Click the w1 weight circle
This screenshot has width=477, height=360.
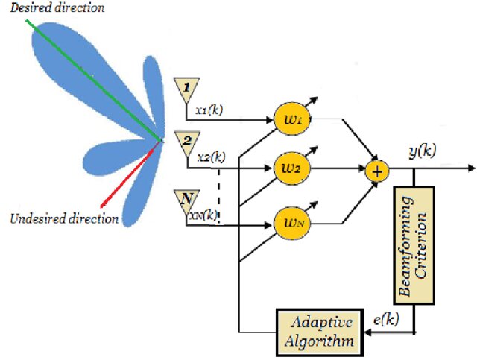coord(292,119)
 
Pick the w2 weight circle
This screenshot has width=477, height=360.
coord(292,168)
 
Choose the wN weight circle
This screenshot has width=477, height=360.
coord(292,224)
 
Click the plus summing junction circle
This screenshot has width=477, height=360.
coord(377,171)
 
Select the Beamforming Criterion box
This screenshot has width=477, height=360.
coord(414,245)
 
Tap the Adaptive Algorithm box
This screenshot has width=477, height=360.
coord(320,332)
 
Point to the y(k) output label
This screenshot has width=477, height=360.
coord(423,151)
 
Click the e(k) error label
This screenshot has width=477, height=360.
coord(386,320)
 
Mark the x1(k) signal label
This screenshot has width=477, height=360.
coord(209,110)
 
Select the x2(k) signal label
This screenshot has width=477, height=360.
coord(212,157)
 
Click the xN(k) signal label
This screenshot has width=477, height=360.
coord(203,215)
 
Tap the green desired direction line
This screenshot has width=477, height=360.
coord(93,80)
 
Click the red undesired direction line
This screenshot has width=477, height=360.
coord(130,174)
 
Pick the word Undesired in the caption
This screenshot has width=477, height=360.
coord(37,219)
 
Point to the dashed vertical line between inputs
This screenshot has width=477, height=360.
coord(218,195)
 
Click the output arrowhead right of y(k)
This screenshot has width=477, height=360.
coord(472,168)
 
